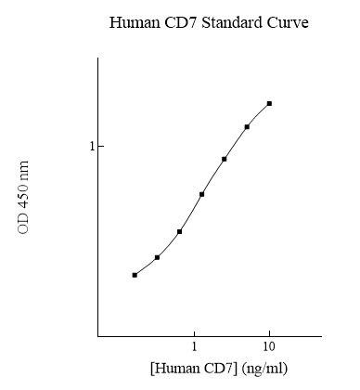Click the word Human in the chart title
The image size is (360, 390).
133,21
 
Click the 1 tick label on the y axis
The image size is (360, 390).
91,147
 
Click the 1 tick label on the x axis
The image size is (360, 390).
194,347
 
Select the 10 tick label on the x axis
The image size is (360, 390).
269,347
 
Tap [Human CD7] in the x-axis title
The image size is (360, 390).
192,369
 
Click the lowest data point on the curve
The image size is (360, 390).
135,275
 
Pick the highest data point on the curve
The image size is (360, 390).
269,104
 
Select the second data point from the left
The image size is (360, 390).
157,257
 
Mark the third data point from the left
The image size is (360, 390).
179,231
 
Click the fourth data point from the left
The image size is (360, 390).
201,194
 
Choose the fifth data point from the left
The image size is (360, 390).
225,159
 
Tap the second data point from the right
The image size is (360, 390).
247,126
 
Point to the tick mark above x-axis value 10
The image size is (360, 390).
269,333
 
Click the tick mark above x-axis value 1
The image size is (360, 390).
194,333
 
